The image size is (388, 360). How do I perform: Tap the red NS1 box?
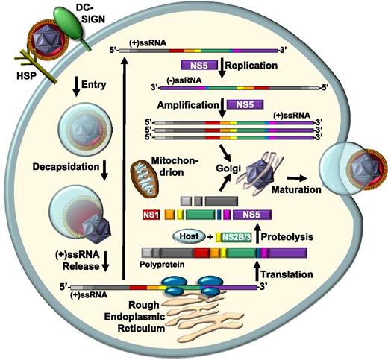[x=150, y=215]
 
